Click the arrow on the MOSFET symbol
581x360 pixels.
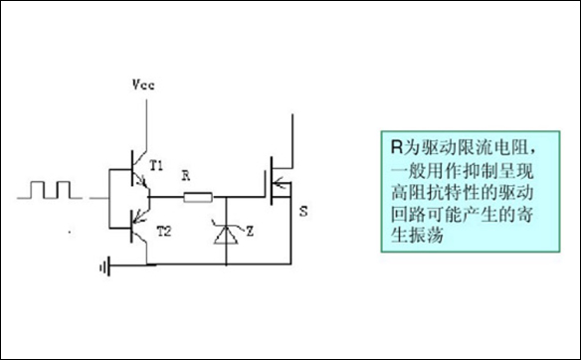[x=284, y=182]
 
